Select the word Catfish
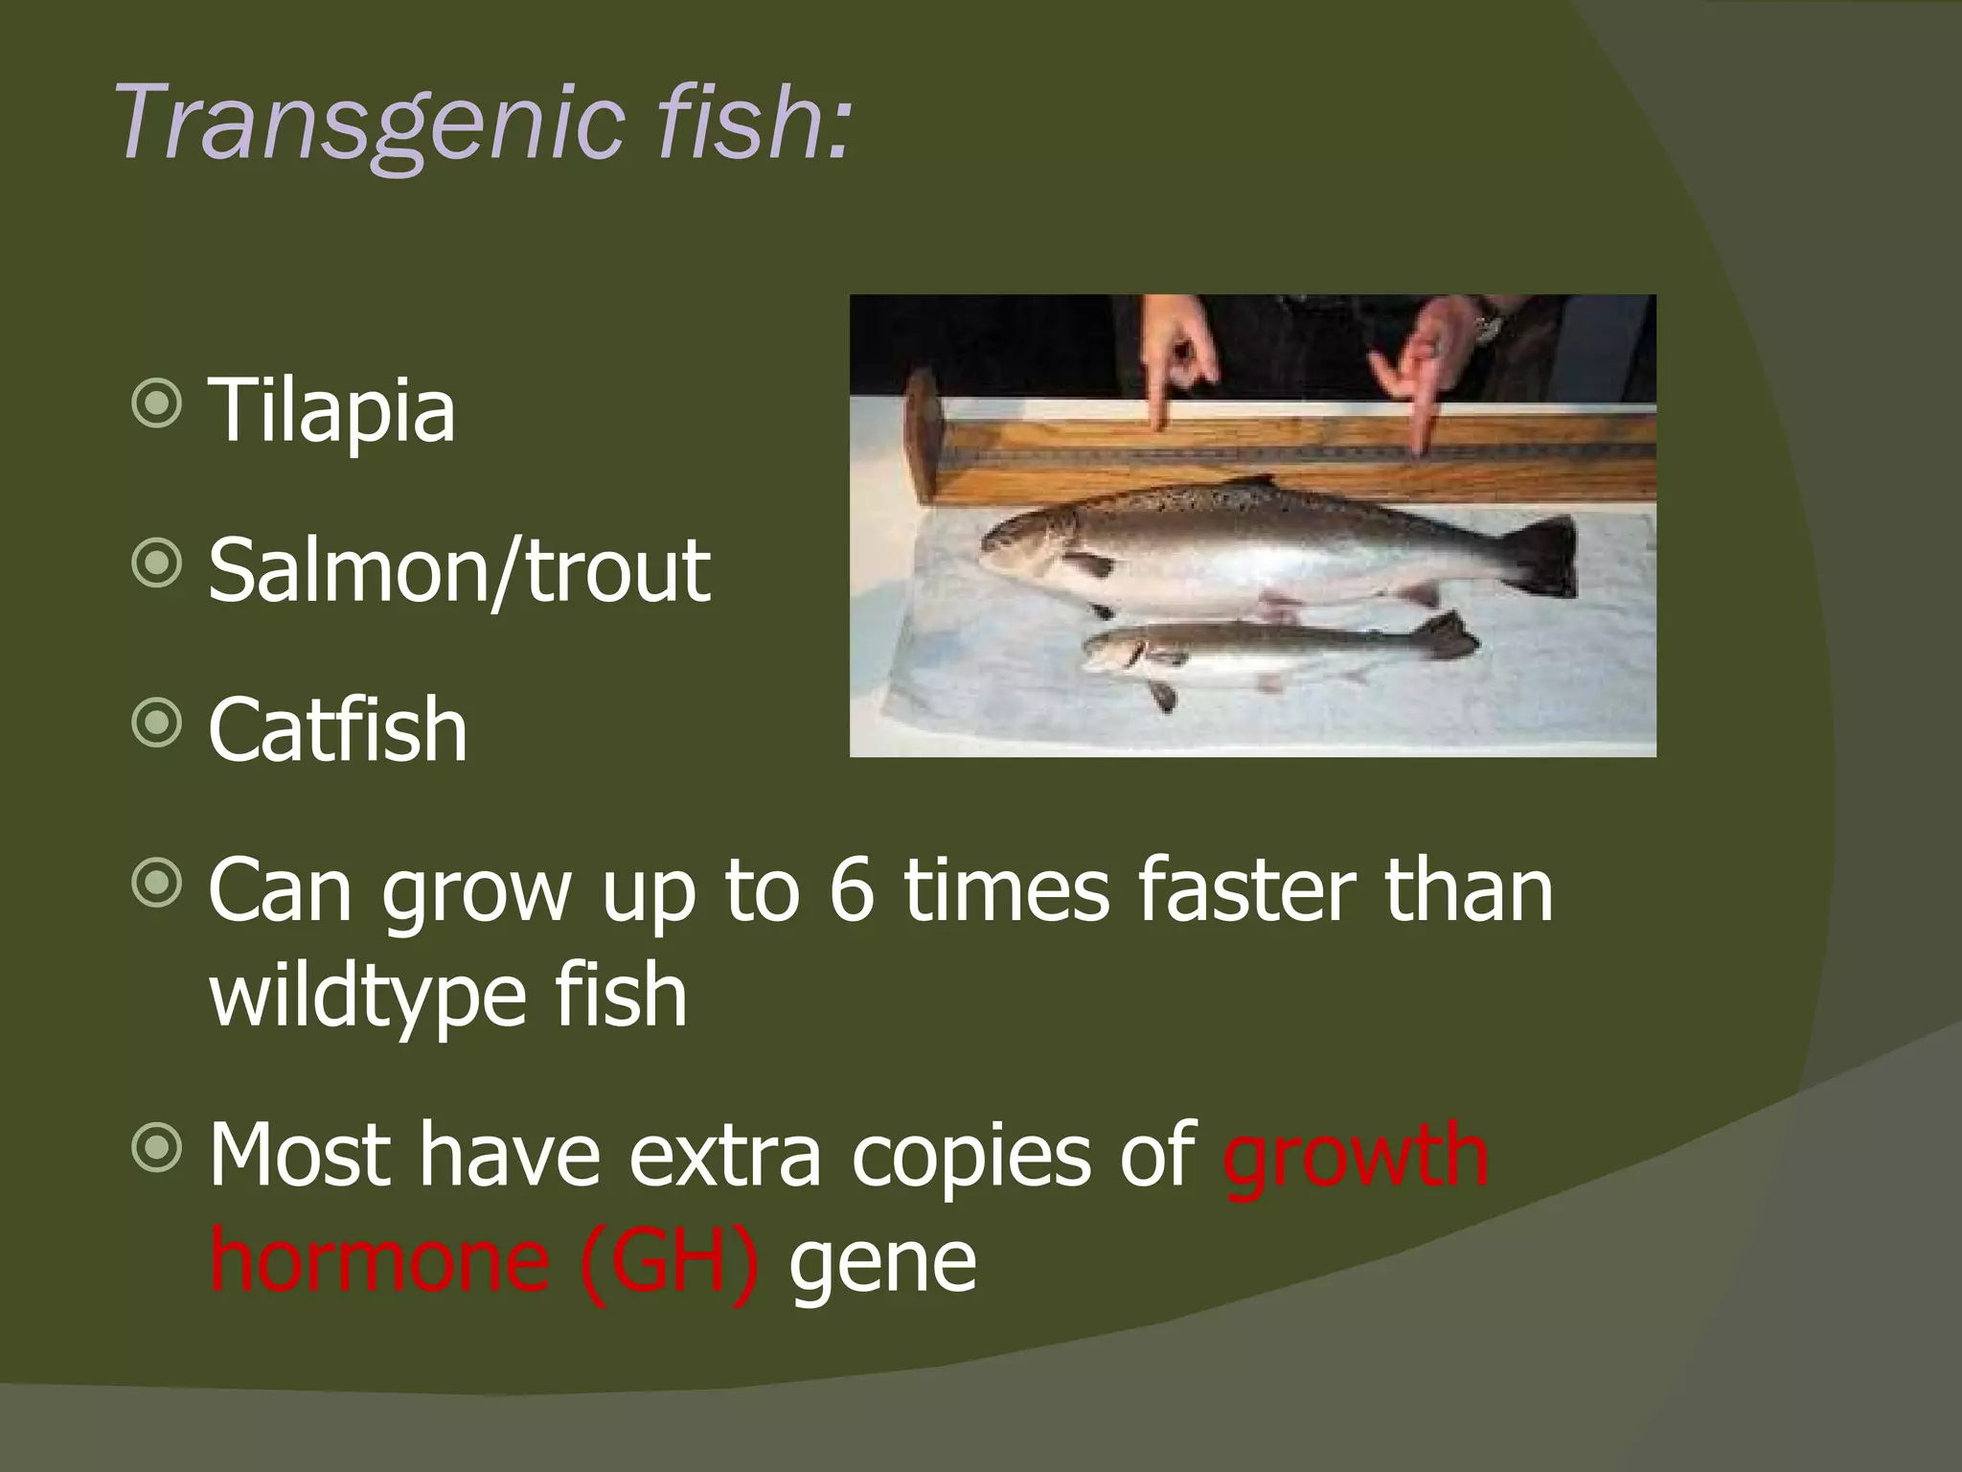(337, 730)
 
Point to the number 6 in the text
(852, 889)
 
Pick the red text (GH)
(669, 1259)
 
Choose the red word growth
(1356, 1156)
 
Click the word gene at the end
(882, 1261)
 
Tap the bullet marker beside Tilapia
(156, 403)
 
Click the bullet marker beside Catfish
(156, 724)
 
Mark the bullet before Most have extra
(156, 1148)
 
